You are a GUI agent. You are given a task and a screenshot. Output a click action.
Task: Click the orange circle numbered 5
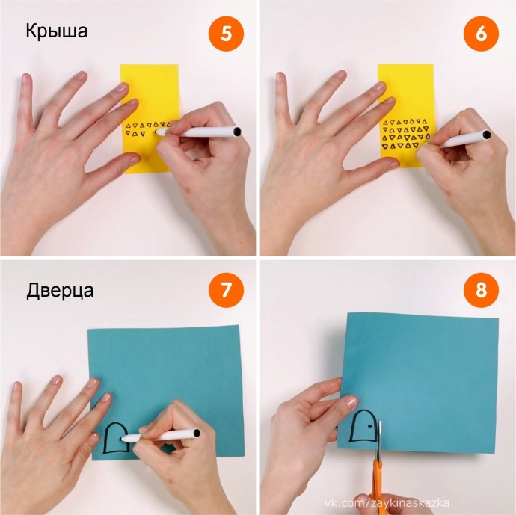coord(226,34)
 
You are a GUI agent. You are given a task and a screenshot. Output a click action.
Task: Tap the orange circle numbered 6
coord(481,34)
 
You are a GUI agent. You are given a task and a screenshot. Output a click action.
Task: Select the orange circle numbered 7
coord(226,290)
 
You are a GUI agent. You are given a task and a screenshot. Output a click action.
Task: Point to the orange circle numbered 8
coord(481,290)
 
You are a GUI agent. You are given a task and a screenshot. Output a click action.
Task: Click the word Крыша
coord(57,31)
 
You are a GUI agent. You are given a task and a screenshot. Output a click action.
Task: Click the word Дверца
coord(60,291)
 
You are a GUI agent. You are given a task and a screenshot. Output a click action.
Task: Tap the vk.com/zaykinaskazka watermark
coord(387,503)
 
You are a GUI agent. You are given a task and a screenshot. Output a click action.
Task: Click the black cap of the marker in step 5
coord(237,132)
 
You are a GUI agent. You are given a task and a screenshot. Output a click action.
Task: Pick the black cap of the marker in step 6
coord(486,135)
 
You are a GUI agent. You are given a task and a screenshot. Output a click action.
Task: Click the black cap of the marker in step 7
coord(197,433)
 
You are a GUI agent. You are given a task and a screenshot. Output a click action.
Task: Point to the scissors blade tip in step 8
coord(379,422)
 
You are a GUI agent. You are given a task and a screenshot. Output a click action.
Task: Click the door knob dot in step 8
coord(369,426)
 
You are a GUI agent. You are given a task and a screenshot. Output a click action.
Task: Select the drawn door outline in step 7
coord(105,437)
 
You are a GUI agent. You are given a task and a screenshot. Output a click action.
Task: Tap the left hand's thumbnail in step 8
coord(351,401)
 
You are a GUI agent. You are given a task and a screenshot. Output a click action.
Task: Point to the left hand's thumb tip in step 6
coord(393,161)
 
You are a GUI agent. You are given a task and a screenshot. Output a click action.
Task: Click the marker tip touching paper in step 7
coord(123,438)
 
